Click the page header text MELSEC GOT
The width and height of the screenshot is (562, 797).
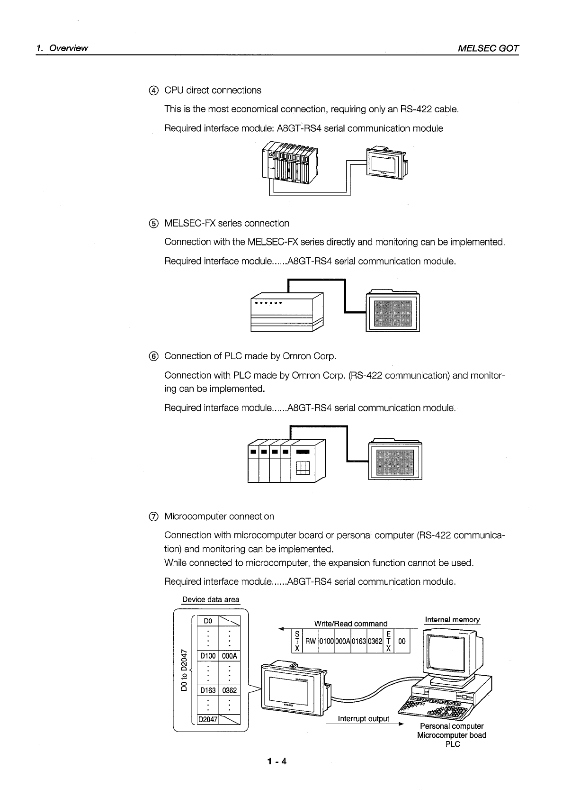(488, 48)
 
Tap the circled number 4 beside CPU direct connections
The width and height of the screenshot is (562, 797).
(153, 91)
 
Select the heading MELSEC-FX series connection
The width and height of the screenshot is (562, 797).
(226, 223)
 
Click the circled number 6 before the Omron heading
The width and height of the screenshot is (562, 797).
(153, 356)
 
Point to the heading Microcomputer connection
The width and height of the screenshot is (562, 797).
(219, 516)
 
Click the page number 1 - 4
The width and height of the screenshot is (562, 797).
(277, 761)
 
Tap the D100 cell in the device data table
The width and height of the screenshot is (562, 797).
(208, 656)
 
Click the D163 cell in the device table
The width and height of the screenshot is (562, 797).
(208, 690)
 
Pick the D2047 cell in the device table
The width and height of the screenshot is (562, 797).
(208, 719)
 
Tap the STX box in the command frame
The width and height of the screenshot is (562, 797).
(297, 641)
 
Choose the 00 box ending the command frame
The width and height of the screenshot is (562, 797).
(402, 641)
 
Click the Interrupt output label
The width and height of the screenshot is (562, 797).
(363, 719)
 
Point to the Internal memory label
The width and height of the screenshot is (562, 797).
(452, 619)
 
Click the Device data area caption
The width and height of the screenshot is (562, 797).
(211, 599)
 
